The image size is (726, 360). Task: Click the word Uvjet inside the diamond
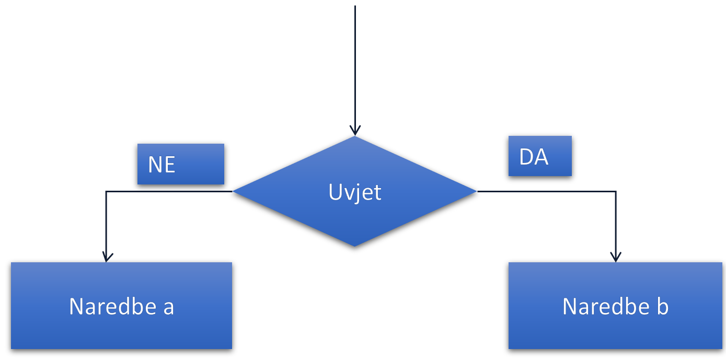pos(355,192)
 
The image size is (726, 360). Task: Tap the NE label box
pos(180,164)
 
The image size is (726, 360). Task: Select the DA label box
pos(540,156)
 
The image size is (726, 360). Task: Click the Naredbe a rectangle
pos(121,306)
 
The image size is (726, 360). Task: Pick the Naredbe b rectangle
pos(616,306)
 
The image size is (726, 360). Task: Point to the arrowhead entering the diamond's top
pos(355,131)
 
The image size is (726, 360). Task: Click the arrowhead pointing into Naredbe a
pos(107,257)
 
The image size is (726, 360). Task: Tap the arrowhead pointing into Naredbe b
pos(616,257)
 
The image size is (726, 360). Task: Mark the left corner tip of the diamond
pos(234,192)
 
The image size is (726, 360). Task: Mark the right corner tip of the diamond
pos(476,192)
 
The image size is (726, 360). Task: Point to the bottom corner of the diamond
pos(355,246)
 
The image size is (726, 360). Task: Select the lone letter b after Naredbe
pos(662,306)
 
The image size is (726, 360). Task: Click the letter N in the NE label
pos(155,165)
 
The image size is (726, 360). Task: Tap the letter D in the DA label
pos(527,157)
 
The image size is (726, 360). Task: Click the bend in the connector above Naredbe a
pos(107,192)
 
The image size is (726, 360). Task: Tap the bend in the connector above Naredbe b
pos(616,192)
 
